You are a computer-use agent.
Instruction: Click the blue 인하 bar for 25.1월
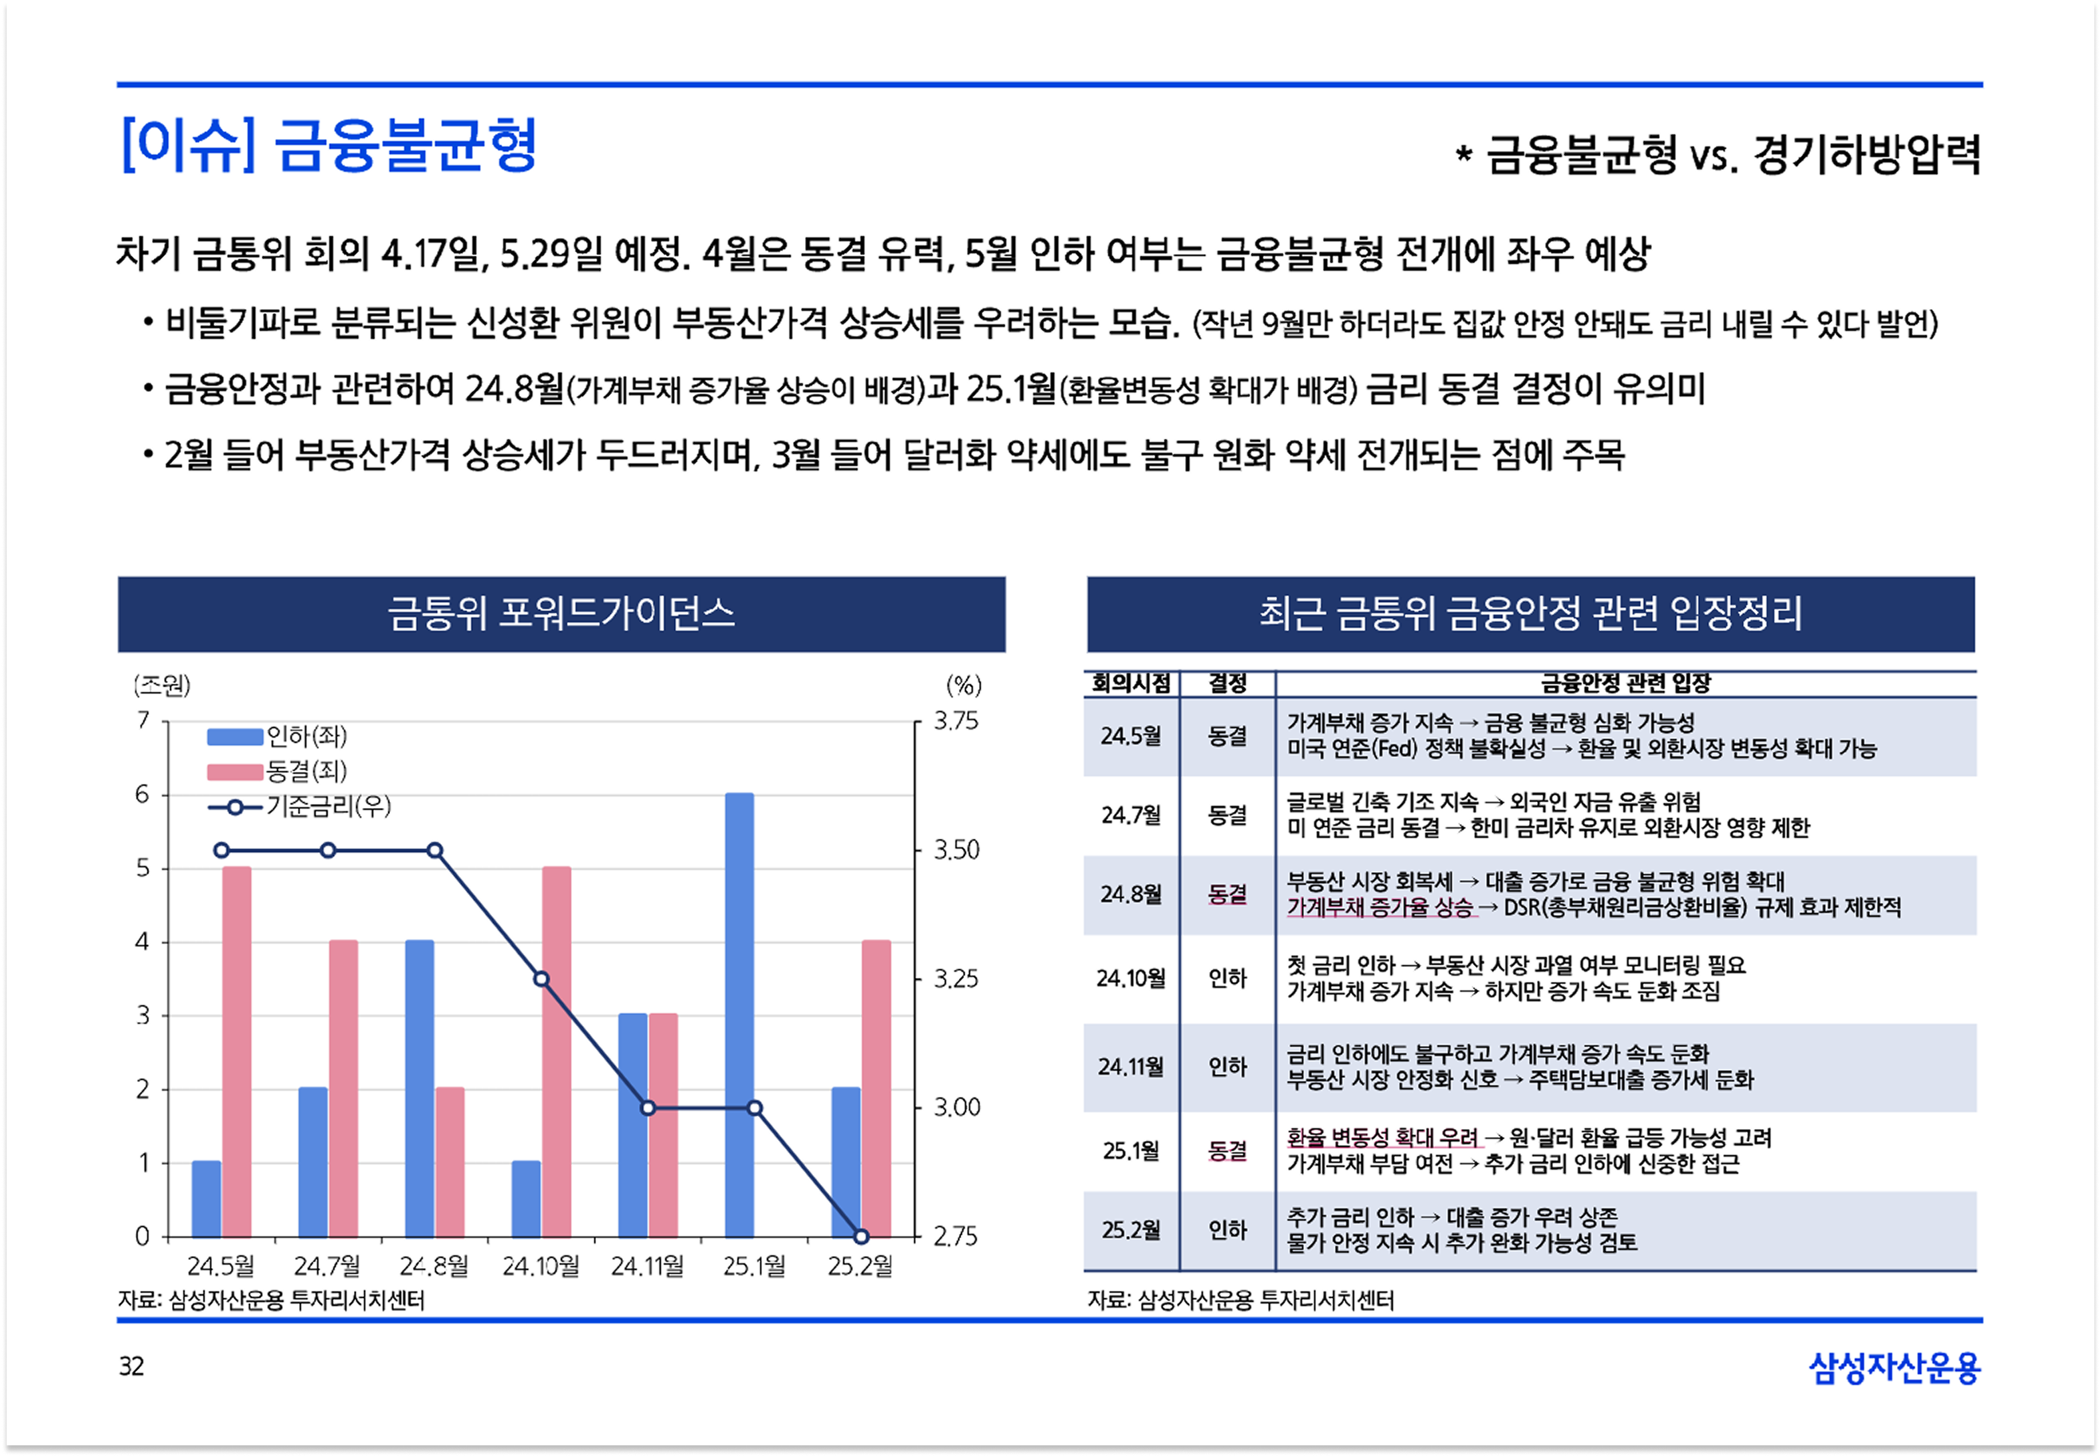739,1015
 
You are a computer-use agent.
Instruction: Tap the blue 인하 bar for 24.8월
420,1087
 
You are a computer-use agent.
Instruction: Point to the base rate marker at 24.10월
541,979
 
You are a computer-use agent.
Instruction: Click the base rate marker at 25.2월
860,1236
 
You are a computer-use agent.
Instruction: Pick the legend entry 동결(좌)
306,772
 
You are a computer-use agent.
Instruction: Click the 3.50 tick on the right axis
955,850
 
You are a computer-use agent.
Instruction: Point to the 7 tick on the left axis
143,721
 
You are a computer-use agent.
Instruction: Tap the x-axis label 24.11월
647,1266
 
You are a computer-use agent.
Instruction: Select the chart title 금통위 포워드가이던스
561,613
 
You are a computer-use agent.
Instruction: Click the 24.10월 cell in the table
1131,978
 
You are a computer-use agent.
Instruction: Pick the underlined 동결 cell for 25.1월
1226,1150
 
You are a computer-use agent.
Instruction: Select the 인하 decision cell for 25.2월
1226,1230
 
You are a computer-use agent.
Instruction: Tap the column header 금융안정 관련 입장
1625,682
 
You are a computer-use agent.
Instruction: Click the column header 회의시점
1131,682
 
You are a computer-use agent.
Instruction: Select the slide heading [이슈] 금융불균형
329,146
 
